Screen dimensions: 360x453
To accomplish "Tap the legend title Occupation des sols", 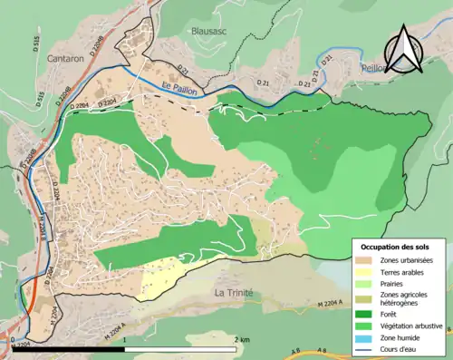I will coord(398,246).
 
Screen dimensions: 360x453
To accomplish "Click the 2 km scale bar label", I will coord(240,339).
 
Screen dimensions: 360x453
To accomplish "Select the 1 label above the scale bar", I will coord(124,339).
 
